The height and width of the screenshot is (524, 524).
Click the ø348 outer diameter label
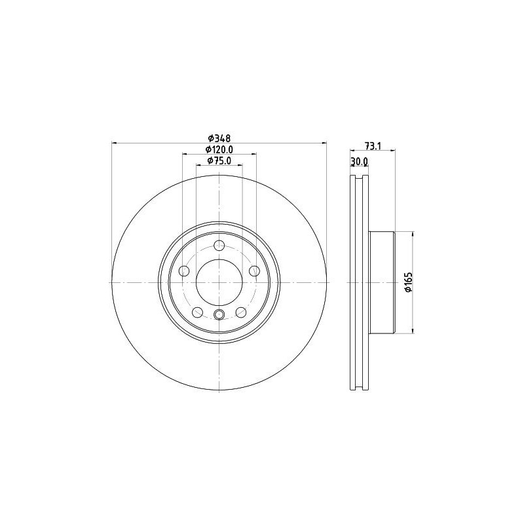coord(219,138)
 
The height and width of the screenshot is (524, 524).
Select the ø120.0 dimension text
coord(219,150)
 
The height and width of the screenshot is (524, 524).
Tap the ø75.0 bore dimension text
coord(219,161)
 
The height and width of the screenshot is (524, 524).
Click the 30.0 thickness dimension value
coord(360,161)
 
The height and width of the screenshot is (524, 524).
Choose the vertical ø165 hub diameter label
coord(407,282)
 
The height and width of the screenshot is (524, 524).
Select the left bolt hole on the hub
coord(184,271)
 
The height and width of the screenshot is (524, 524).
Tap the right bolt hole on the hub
coord(255,271)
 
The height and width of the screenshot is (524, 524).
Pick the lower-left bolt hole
coord(197,312)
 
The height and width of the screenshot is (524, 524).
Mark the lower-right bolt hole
coord(241,312)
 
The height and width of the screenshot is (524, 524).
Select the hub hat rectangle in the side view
coord(383,282)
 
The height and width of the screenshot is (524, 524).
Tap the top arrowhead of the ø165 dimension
coord(413,234)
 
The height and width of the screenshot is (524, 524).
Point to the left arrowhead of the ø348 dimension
coord(116,143)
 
